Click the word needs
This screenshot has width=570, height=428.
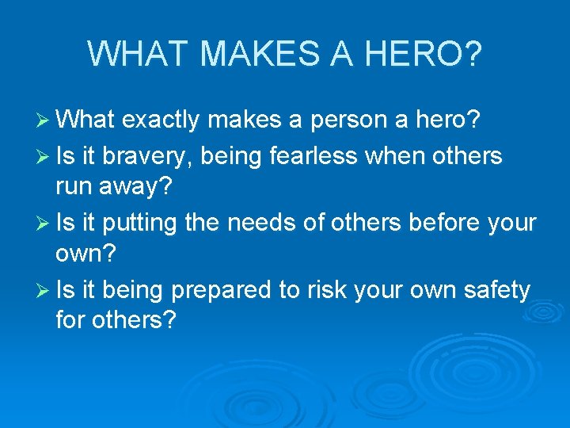260,224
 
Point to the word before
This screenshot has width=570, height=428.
435,224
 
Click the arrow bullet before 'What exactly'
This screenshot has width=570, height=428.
44,120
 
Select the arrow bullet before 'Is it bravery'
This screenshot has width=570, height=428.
44,156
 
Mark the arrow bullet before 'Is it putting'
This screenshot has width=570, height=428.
44,224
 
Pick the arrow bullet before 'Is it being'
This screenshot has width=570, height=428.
44,291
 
